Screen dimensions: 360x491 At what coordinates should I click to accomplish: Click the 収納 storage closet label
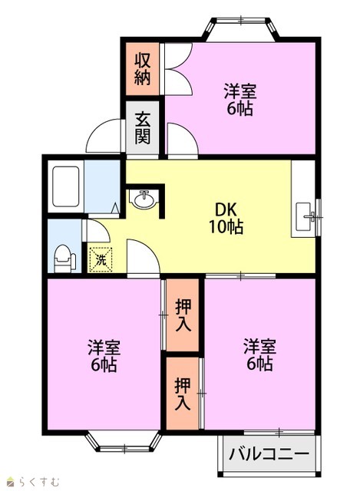[x=143, y=69]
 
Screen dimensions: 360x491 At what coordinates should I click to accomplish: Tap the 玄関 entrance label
[x=143, y=128]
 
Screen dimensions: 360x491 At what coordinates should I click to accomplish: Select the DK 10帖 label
[x=226, y=218]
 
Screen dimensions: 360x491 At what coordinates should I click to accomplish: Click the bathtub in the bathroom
[x=65, y=186]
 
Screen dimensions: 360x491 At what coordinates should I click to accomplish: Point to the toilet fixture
[x=64, y=259]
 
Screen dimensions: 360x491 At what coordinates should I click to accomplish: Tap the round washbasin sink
[x=144, y=199]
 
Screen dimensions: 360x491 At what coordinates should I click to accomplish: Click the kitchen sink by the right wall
[x=304, y=216]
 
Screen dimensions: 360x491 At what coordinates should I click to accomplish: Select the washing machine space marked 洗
[x=101, y=259]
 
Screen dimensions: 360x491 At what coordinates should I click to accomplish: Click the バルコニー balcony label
[x=269, y=453]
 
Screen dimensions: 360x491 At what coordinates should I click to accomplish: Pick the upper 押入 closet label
[x=183, y=315]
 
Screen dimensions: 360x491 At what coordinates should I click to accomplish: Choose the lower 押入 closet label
[x=183, y=394]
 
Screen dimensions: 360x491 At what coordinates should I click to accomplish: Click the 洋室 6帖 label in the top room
[x=240, y=100]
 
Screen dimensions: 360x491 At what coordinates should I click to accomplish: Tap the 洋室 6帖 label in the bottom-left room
[x=104, y=356]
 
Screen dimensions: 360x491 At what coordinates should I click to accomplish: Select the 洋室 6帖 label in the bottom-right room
[x=259, y=354]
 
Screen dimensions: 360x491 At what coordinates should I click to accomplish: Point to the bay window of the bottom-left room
[x=124, y=443]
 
